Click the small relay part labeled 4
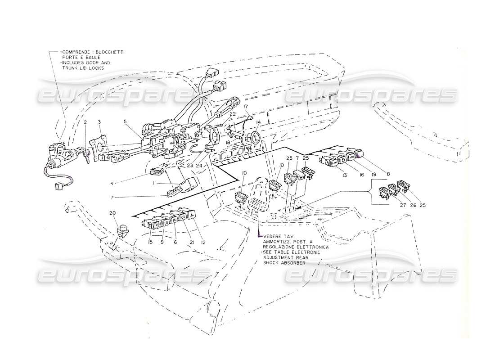coord(156,171)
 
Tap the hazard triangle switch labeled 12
coord(191,216)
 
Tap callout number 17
coord(246,107)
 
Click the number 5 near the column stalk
coord(125,121)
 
